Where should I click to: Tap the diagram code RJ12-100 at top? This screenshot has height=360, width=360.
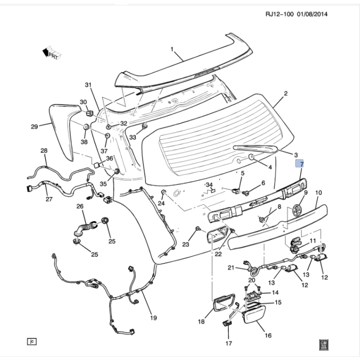[279, 15]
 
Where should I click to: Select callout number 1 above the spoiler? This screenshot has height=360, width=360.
[173, 50]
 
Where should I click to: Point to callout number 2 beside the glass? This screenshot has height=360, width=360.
[286, 94]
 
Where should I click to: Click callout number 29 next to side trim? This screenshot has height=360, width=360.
[34, 127]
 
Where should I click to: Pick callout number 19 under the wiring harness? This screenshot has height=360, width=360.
[153, 318]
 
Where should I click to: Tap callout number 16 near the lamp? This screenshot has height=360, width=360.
[267, 335]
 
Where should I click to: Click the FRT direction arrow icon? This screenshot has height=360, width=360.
[52, 52]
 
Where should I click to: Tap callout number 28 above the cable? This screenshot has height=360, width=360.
[44, 151]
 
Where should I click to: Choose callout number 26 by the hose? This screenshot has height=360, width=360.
[80, 207]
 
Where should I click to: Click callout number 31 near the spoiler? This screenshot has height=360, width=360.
[88, 85]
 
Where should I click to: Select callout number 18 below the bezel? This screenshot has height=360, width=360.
[201, 322]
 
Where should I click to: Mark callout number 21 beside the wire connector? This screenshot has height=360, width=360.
[231, 267]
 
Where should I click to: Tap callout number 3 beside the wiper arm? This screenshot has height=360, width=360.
[296, 155]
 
